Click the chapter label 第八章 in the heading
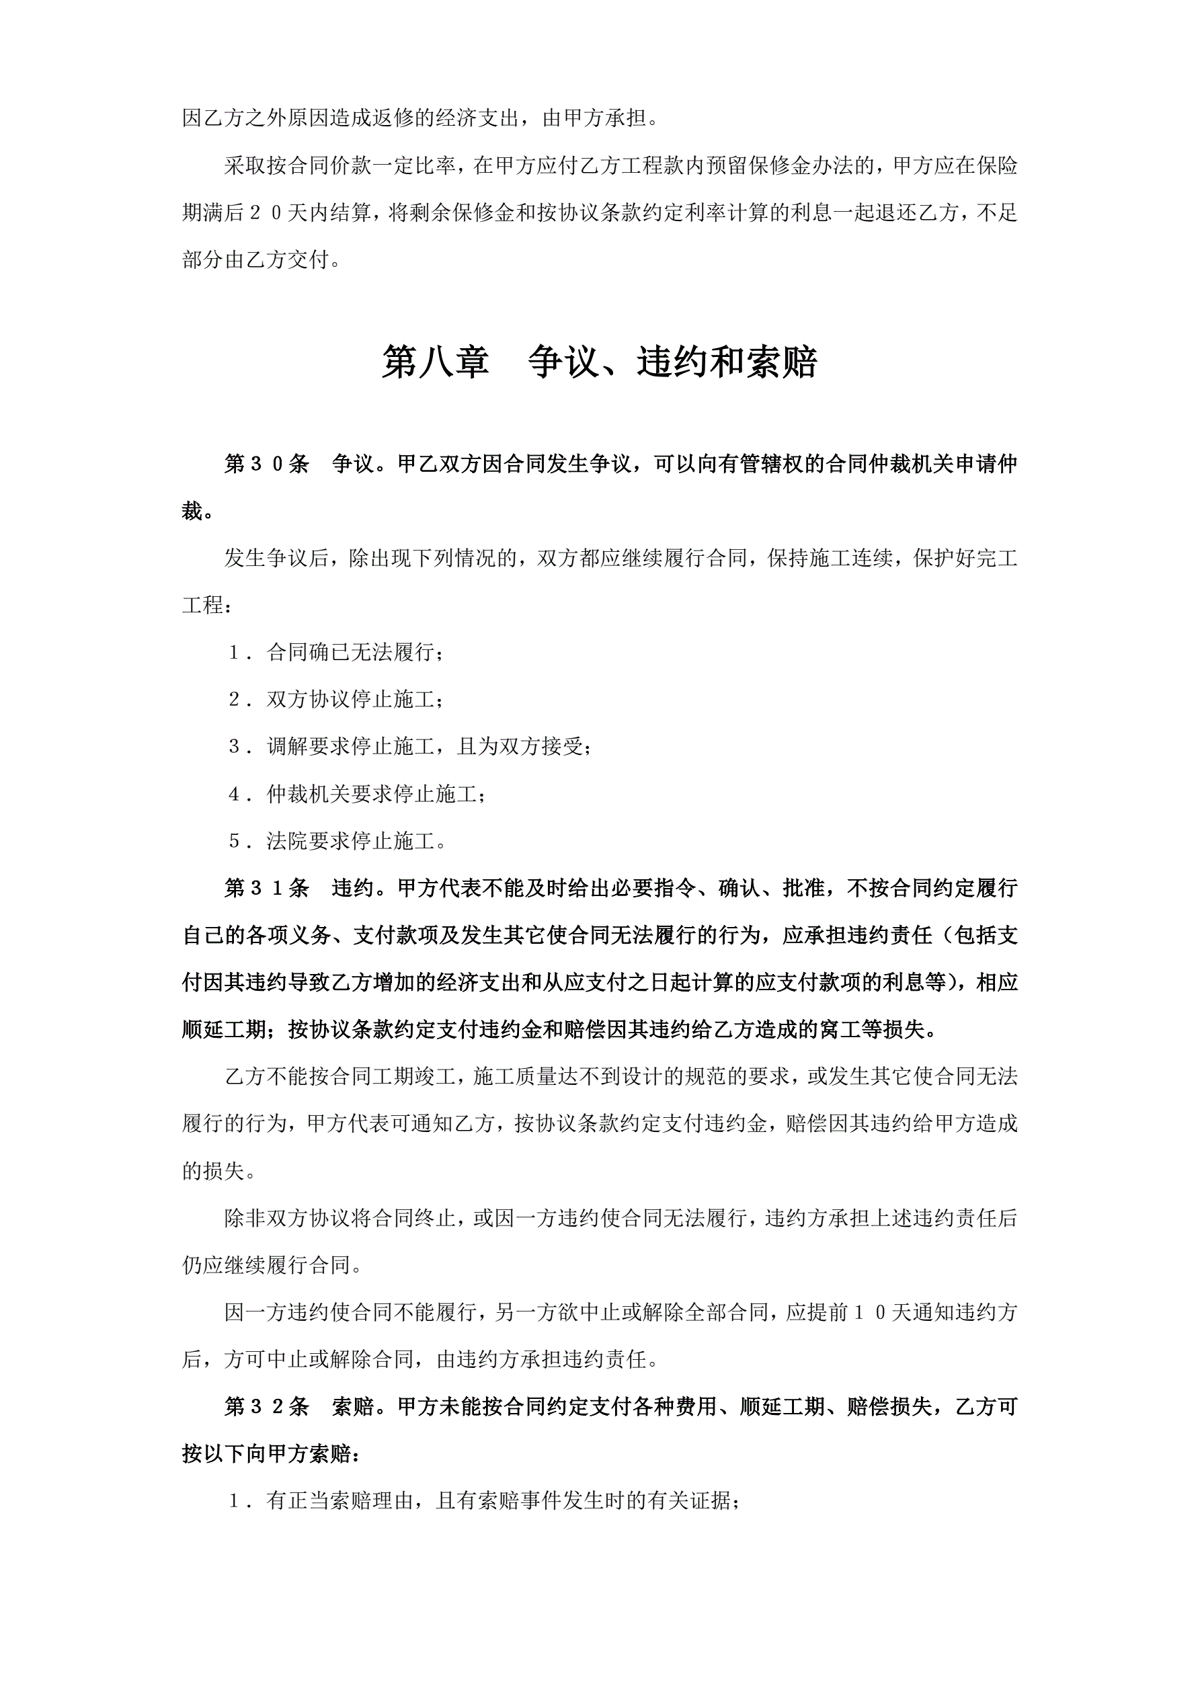click(435, 363)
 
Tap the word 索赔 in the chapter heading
click(781, 363)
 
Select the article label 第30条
click(267, 464)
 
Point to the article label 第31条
click(267, 888)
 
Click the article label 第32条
click(267, 1407)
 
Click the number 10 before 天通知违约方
click(871, 1313)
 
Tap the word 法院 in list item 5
click(288, 841)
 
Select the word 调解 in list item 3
click(288, 746)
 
